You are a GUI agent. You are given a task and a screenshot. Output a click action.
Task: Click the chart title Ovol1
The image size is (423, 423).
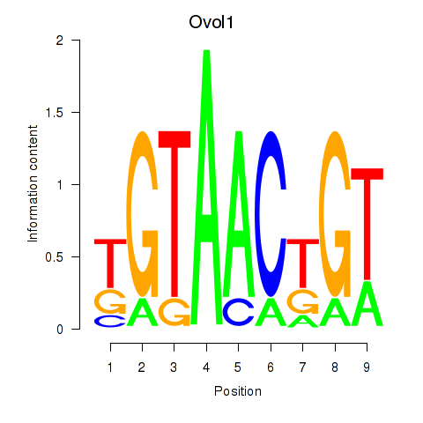point(211,22)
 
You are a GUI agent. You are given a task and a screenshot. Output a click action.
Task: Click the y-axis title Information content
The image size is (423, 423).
point(33,183)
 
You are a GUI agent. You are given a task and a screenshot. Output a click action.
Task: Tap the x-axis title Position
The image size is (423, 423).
point(238,391)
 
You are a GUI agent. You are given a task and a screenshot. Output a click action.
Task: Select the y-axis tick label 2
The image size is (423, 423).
point(60,41)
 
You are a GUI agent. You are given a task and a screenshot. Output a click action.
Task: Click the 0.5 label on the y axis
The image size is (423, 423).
point(55,257)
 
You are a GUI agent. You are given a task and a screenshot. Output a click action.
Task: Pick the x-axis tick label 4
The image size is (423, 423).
point(206,367)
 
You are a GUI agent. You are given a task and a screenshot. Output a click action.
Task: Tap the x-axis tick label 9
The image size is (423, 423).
point(367,367)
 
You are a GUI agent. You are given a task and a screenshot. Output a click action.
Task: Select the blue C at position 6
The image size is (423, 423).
point(271,214)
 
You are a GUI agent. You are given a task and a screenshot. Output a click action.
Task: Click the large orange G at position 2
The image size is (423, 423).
point(143,214)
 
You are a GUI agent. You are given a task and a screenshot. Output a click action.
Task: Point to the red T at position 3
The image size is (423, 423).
point(174,214)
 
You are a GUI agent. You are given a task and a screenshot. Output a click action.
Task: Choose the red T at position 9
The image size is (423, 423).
point(367,224)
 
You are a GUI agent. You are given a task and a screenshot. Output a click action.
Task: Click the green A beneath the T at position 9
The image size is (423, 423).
point(367,303)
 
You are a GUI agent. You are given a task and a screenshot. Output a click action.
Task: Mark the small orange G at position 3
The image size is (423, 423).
point(174,312)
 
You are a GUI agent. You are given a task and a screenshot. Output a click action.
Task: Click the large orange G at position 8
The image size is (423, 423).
point(335,214)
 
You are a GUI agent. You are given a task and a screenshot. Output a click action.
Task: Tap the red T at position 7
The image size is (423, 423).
point(303,263)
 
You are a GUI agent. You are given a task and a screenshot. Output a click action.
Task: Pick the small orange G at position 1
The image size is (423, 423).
point(110,301)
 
